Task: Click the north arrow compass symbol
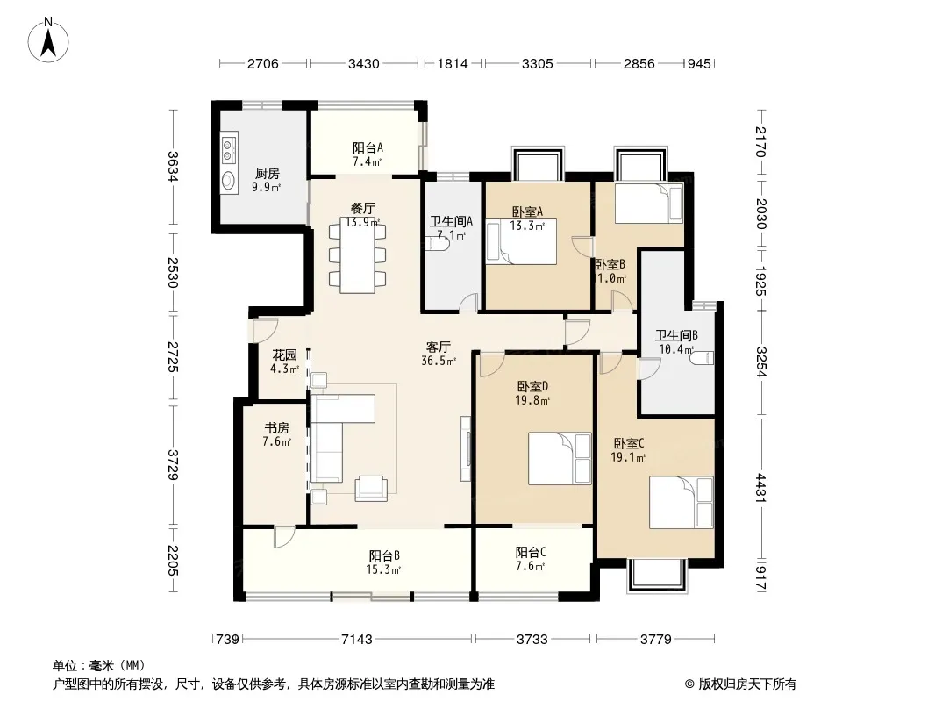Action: point(48,39)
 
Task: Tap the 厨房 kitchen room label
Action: point(268,174)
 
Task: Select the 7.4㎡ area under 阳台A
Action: point(367,161)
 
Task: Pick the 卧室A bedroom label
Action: point(527,211)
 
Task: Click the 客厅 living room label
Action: point(439,347)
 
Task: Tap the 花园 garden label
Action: point(284,355)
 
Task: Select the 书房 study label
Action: point(276,428)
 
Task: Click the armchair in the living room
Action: point(370,489)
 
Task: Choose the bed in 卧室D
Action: point(560,459)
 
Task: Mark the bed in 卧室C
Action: point(681,502)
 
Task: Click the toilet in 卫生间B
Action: point(702,358)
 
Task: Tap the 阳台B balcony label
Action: point(384,555)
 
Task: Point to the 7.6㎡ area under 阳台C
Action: point(530,566)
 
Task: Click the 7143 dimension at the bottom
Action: point(357,640)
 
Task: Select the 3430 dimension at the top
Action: point(363,63)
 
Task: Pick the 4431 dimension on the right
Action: point(760,487)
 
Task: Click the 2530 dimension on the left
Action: point(173,272)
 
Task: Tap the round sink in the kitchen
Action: point(228,180)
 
